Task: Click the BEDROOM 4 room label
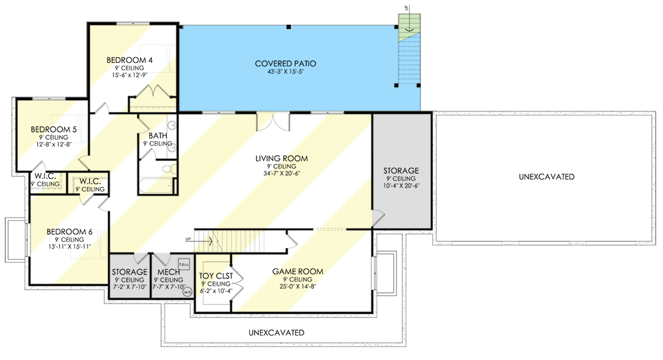pyautogui.click(x=130, y=60)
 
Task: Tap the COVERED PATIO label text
pyautogui.click(x=285, y=64)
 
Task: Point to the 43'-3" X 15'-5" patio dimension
pyautogui.click(x=285, y=72)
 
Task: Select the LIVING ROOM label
pyautogui.click(x=279, y=158)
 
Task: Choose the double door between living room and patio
pyautogui.click(x=272, y=122)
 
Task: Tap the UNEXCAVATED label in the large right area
pyautogui.click(x=547, y=177)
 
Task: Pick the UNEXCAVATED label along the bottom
pyautogui.click(x=276, y=331)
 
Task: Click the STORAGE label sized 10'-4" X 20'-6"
pyautogui.click(x=401, y=170)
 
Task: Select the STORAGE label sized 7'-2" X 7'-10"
pyautogui.click(x=129, y=272)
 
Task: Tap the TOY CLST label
pyautogui.click(x=213, y=275)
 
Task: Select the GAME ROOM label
pyautogui.click(x=298, y=271)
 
